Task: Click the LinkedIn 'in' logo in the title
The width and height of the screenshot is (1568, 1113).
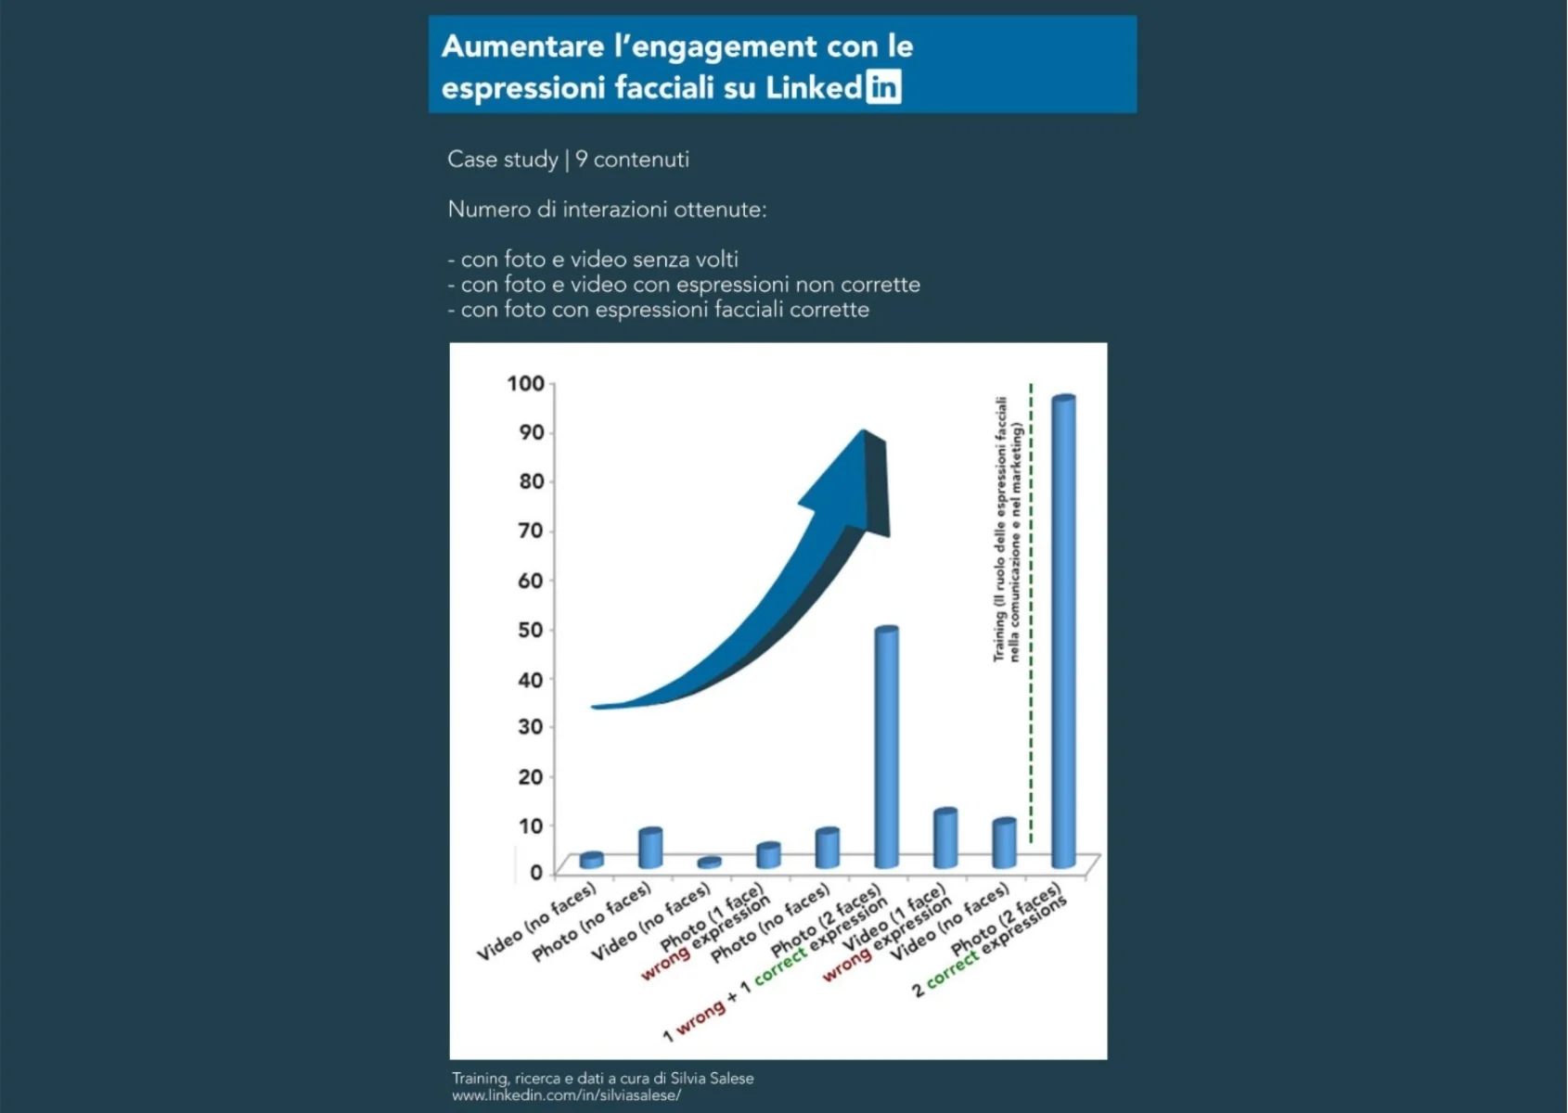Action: (883, 87)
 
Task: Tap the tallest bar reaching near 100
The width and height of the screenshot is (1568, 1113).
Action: (1063, 631)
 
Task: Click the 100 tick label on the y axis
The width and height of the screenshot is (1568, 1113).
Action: (525, 383)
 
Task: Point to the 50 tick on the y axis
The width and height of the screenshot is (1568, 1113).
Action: (531, 630)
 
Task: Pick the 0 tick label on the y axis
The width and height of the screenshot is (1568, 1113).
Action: (535, 872)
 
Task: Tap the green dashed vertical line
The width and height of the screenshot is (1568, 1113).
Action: (1031, 612)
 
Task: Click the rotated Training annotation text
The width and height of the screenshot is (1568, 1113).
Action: (1007, 529)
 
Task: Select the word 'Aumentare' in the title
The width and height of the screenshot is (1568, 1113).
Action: (522, 46)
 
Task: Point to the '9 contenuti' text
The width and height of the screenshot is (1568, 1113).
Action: (633, 160)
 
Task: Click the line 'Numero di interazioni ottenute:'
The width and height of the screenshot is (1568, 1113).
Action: (607, 210)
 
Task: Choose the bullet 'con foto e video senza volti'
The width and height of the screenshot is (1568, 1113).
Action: (598, 260)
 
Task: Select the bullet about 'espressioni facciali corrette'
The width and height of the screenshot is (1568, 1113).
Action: (663, 310)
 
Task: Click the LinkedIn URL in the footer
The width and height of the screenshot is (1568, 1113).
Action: (567, 1095)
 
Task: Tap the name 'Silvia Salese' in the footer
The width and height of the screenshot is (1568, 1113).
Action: (712, 1079)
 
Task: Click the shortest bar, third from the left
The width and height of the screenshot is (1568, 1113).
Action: (710, 863)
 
